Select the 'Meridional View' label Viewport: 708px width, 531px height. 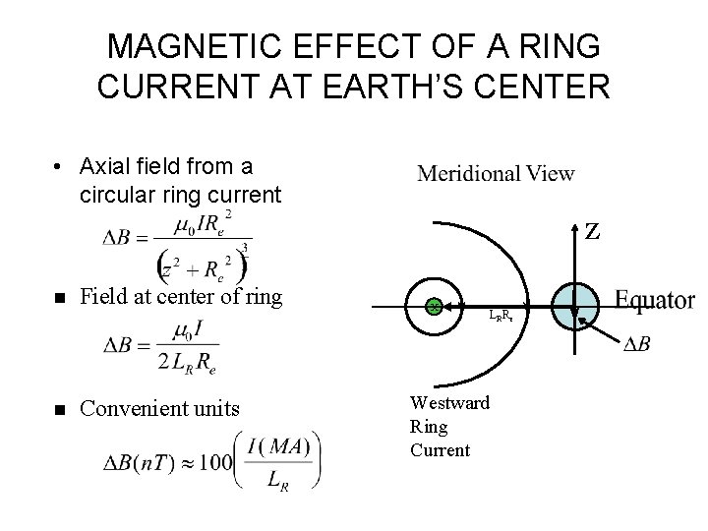coord(497,174)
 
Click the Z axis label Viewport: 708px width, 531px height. coord(592,234)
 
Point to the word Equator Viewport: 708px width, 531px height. coord(655,300)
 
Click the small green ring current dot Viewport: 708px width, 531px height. coord(433,307)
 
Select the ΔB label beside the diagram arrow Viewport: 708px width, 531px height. coord(637,344)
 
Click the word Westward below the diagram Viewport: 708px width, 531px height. coord(449,403)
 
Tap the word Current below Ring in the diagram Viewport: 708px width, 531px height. coord(439,450)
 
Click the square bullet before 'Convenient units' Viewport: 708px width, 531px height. coord(62,407)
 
